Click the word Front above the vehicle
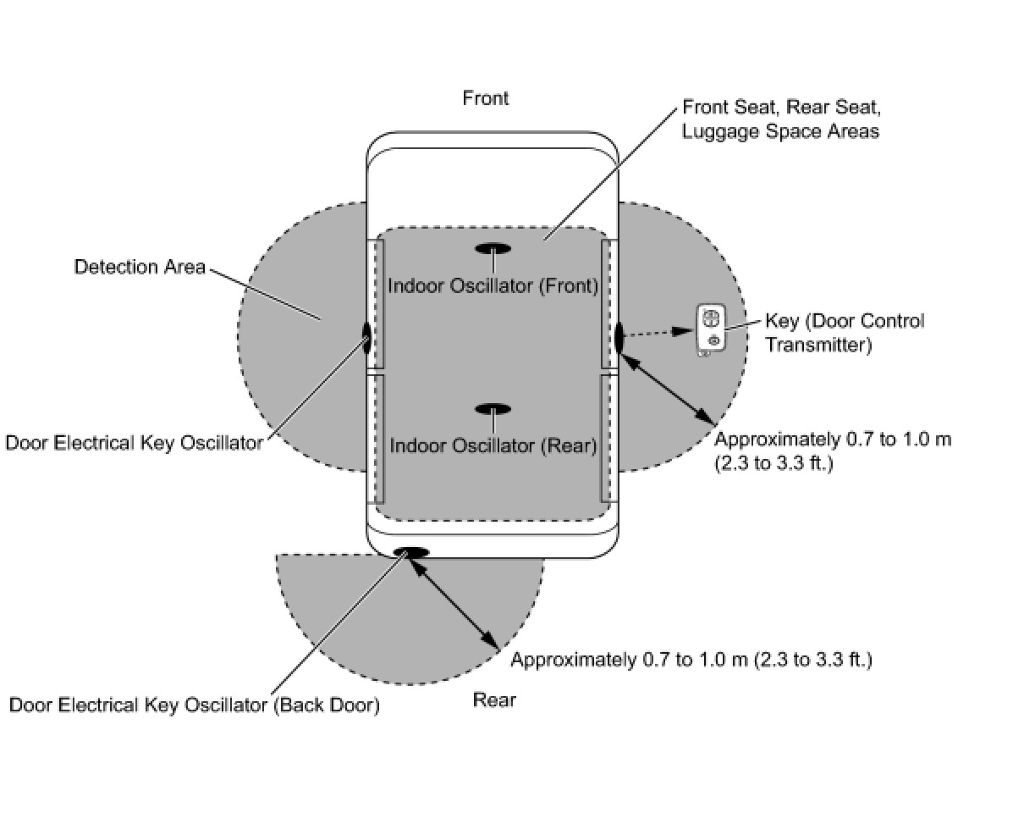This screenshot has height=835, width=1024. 485,98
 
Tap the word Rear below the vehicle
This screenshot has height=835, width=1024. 494,700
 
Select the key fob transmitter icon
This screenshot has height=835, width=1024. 711,329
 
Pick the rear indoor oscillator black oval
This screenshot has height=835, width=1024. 493,409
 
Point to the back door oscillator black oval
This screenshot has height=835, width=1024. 411,552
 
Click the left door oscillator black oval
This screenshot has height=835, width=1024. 367,336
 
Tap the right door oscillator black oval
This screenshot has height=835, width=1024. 619,336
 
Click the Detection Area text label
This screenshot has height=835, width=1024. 140,268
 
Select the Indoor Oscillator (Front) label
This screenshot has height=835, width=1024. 493,286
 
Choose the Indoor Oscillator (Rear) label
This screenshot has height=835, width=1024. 493,445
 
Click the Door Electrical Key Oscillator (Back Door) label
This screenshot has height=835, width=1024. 194,705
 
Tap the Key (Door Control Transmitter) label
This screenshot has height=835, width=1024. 844,333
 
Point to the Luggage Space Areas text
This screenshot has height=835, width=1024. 780,131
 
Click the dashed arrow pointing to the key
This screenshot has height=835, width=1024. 660,333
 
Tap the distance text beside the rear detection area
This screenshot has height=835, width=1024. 691,660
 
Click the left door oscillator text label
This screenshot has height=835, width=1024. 134,443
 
